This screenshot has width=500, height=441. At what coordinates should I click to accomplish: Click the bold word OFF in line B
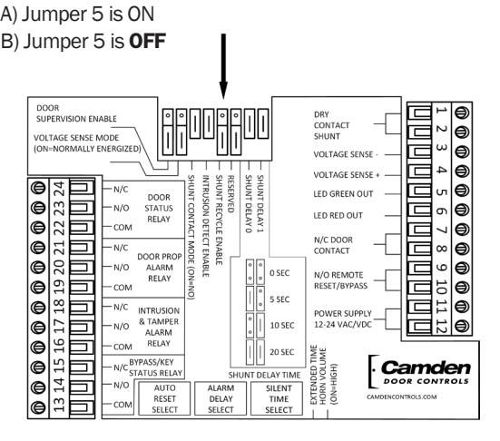click(x=147, y=41)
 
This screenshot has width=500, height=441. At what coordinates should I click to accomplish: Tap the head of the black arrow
click(x=223, y=91)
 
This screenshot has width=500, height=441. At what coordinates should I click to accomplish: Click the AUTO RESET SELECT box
click(x=164, y=398)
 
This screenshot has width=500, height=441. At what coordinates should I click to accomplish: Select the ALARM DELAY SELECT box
click(x=221, y=398)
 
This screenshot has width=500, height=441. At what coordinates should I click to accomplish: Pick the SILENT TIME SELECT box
click(x=277, y=398)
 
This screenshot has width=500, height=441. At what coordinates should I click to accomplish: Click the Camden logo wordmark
click(x=426, y=368)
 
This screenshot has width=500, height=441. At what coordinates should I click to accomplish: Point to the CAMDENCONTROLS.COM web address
click(x=401, y=397)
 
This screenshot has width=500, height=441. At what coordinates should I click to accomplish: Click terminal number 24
click(x=59, y=188)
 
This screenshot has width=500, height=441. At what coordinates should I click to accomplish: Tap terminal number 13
click(x=59, y=405)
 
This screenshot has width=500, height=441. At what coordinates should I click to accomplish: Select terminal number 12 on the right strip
click(x=441, y=326)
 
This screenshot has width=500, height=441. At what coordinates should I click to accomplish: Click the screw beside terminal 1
click(x=461, y=113)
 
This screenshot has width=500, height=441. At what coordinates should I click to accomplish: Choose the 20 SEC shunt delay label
click(x=282, y=352)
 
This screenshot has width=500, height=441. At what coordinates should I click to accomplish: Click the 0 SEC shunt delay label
click(x=279, y=273)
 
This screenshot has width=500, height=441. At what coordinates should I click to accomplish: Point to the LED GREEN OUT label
click(x=343, y=194)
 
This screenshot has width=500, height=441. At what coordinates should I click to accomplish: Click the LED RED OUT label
click(x=338, y=216)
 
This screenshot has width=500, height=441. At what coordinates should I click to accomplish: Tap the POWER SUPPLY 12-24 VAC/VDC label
click(x=343, y=318)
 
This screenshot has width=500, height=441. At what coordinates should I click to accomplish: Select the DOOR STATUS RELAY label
click(x=159, y=208)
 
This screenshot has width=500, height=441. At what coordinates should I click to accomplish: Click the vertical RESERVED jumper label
click(x=230, y=194)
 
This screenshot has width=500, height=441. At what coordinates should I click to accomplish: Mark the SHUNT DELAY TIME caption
click(x=264, y=375)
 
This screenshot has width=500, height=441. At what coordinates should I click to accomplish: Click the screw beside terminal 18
click(x=38, y=308)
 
